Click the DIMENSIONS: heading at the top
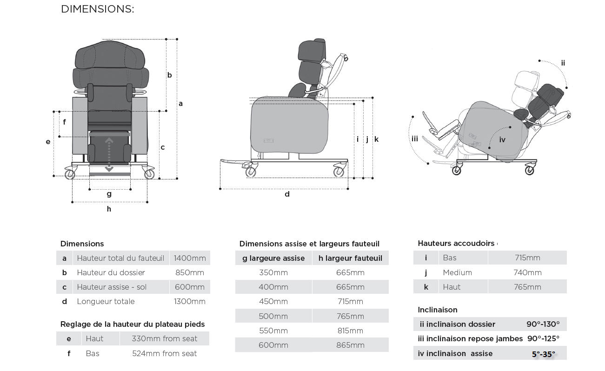coord(97,9)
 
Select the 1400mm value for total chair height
coord(190,258)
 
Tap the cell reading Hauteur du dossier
coord(111,272)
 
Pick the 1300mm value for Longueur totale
coord(190,301)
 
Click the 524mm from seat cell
coord(164,353)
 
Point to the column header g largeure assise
coord(273,258)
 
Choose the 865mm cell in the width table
coord(350,345)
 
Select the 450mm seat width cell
coord(273,301)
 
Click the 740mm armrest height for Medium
coord(527,272)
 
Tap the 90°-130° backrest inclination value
coord(543,324)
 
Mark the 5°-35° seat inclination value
coord(543,354)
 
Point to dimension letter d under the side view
coord(287,194)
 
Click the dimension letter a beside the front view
coord(181,104)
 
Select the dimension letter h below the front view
coord(109,209)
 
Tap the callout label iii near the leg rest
coord(415,139)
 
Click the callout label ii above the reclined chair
coord(563,63)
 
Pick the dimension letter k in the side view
coord(376,139)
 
